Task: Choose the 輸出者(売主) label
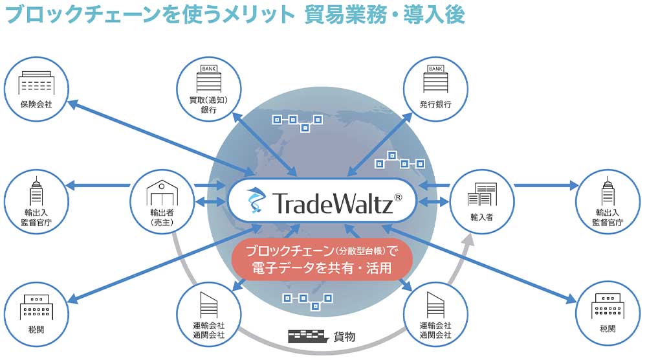(x=161, y=217)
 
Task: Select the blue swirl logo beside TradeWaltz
(x=254, y=201)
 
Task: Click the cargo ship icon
(x=307, y=336)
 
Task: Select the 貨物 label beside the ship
(x=344, y=337)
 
